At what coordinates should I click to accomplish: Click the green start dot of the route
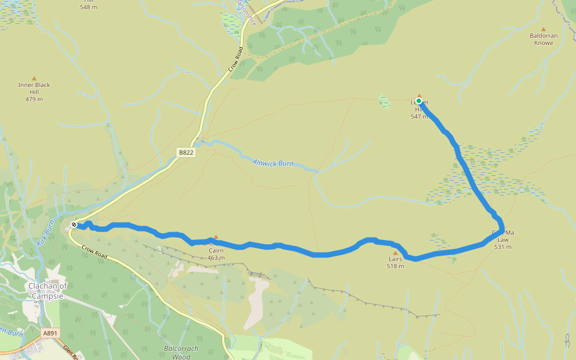[x=419, y=101]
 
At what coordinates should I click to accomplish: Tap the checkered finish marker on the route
[x=74, y=224]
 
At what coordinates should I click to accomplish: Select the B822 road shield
[x=186, y=153]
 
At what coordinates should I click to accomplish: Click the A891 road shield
[x=50, y=332]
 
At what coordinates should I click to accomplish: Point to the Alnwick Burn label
[x=273, y=163]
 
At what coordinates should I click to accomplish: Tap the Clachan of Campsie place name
[x=46, y=290]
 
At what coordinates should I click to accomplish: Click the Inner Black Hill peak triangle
[x=34, y=78]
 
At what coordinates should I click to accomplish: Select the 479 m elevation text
[x=34, y=99]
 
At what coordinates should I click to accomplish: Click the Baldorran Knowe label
[x=544, y=39]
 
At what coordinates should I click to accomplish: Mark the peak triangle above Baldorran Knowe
[x=544, y=29]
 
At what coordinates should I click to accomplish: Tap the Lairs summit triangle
[x=395, y=253]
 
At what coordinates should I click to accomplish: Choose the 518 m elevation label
[x=395, y=266]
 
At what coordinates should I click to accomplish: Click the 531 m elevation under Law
[x=503, y=247]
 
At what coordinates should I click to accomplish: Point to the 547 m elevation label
[x=419, y=116]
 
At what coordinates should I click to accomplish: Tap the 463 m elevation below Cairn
[x=216, y=258]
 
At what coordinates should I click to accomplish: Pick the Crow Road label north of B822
[x=235, y=60]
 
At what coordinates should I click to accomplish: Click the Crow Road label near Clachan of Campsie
[x=94, y=252]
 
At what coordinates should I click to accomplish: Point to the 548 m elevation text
[x=88, y=7]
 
